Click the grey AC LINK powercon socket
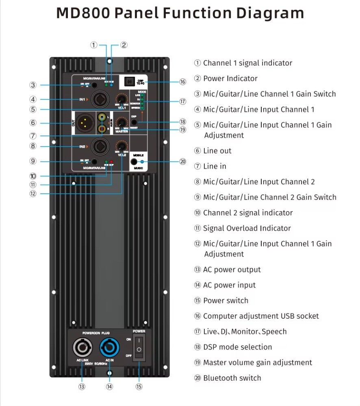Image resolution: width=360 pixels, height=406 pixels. (x=82, y=348)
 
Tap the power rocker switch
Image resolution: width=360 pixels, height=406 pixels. (x=139, y=346)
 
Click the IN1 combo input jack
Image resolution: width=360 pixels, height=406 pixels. (x=100, y=99)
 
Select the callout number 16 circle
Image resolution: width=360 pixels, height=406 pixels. (x=183, y=82)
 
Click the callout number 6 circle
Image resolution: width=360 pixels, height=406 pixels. (x=33, y=123)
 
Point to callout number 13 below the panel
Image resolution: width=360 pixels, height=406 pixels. (x=82, y=387)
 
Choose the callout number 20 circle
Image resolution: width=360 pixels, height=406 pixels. (x=183, y=162)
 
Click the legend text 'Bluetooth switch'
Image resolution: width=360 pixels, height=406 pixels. (x=232, y=378)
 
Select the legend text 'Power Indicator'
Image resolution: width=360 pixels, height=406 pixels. (x=230, y=78)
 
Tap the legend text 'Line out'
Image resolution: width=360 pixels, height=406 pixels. (x=217, y=151)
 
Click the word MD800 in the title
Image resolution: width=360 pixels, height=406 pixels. (x=83, y=13)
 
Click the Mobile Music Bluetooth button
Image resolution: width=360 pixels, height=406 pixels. (x=134, y=162)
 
